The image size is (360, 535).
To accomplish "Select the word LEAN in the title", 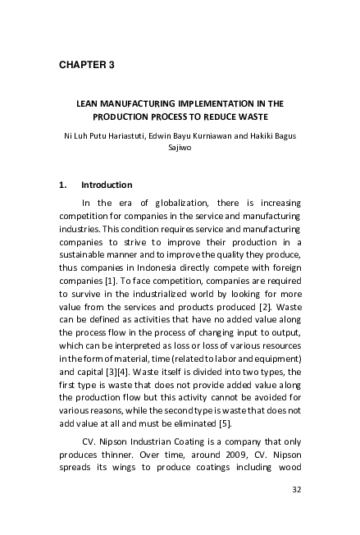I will pyautogui.click(x=88, y=104).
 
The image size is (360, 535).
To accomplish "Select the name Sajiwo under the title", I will pyautogui.click(x=180, y=149).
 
